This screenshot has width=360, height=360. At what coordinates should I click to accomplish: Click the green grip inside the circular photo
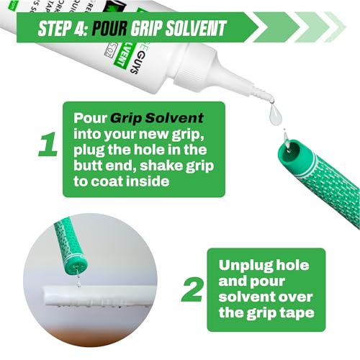tap(69, 245)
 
